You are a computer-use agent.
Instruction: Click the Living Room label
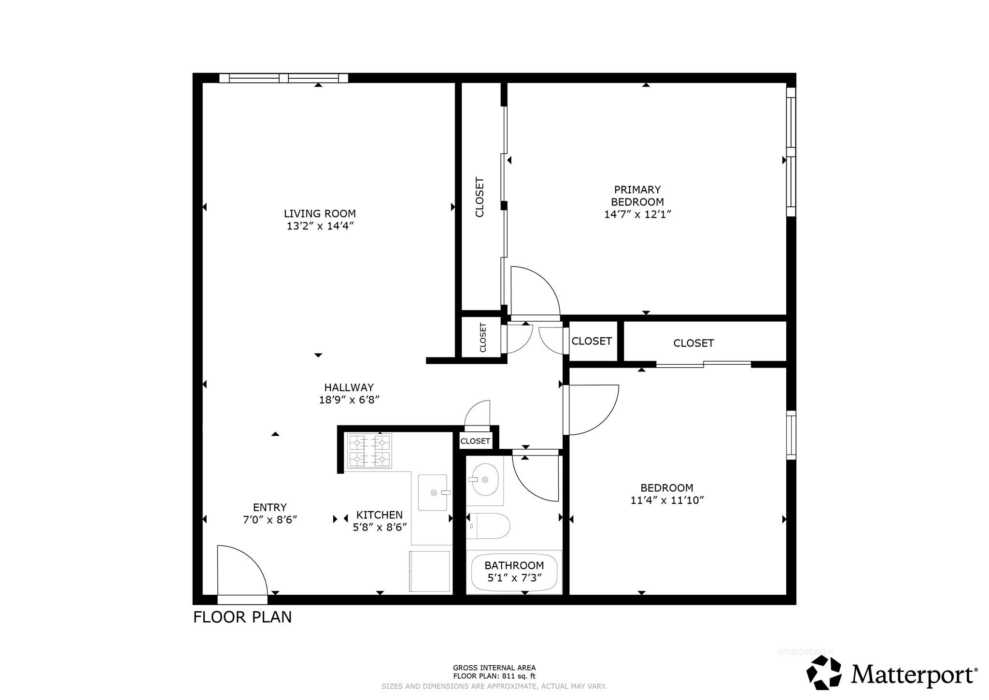(x=320, y=214)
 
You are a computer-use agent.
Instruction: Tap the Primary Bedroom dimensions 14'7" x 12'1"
(x=638, y=214)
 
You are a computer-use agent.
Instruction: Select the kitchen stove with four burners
(x=369, y=451)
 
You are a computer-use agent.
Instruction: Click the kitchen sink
(x=434, y=492)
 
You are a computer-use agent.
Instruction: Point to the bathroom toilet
(x=488, y=526)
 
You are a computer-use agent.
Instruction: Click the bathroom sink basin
(x=485, y=480)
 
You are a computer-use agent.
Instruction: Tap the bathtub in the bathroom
(x=514, y=572)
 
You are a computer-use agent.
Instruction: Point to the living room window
(x=283, y=78)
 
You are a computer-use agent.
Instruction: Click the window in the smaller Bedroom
(x=791, y=435)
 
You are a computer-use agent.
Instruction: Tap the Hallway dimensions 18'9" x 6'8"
(x=349, y=400)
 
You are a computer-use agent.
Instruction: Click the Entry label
(x=270, y=507)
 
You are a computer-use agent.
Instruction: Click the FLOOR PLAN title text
(x=242, y=617)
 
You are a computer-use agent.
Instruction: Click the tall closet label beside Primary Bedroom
(x=480, y=197)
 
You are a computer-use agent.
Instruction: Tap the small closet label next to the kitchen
(x=475, y=441)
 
